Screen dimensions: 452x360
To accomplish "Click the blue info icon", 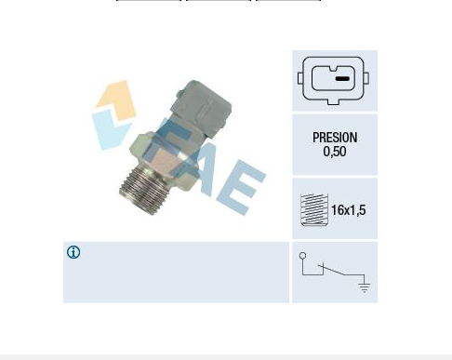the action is [73, 252].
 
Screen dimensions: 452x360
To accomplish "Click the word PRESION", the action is [335, 138].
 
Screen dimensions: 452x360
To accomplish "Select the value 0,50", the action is [335, 152].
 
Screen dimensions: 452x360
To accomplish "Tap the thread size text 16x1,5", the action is [349, 210].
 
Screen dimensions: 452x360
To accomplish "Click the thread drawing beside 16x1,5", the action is [314, 209].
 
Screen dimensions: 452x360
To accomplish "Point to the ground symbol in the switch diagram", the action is [365, 287].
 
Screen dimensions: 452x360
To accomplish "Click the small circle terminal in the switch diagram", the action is [303, 256].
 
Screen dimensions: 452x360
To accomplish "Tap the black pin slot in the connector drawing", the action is [342, 79].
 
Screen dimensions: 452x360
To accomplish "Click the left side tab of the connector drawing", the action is [300, 78].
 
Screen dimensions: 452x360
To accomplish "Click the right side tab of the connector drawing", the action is [366, 78].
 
